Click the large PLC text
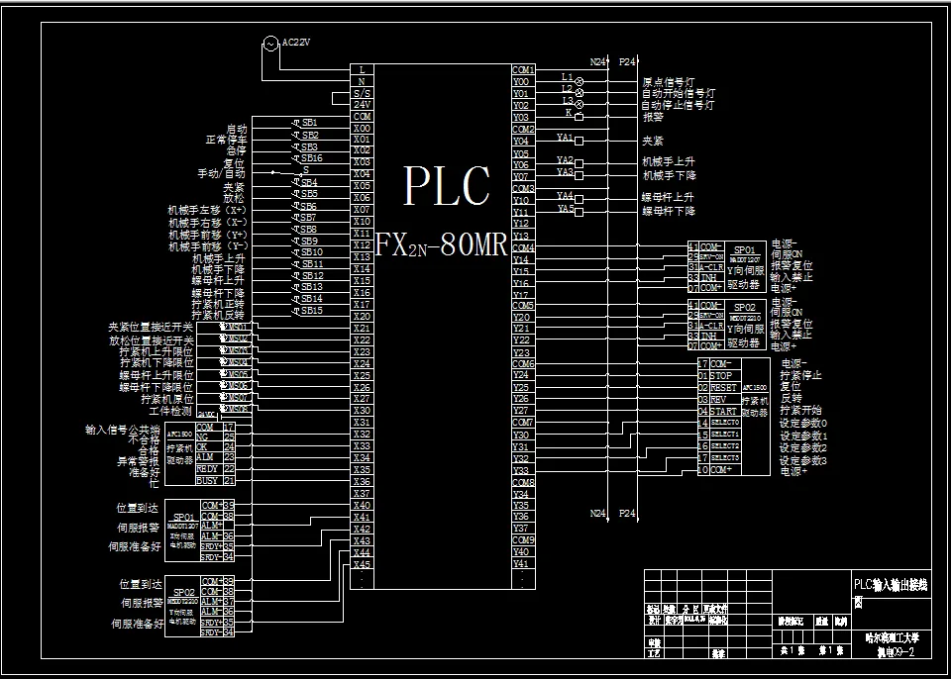(x=447, y=186)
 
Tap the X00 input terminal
(x=363, y=129)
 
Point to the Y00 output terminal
(x=522, y=81)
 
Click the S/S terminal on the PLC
(x=363, y=93)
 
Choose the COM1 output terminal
(x=523, y=69)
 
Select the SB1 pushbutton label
(x=309, y=123)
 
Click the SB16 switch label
(x=311, y=158)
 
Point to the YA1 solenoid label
(x=566, y=138)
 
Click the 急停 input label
(x=236, y=151)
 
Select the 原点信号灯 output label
(x=674, y=82)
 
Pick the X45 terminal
(x=363, y=564)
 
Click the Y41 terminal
(x=522, y=564)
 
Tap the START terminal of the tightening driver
(x=724, y=411)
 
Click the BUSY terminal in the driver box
(x=207, y=481)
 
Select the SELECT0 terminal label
(x=725, y=423)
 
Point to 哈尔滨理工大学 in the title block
(x=893, y=638)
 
